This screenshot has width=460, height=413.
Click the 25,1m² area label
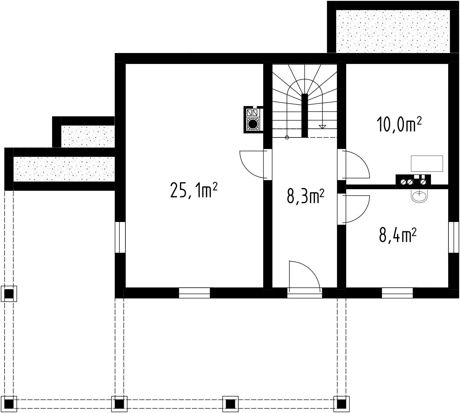point(194,190)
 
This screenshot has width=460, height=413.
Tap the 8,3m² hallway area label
point(305,196)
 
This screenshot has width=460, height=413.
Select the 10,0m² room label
point(399,124)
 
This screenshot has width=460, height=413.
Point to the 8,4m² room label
point(398,235)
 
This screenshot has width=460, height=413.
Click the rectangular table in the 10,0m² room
point(427,164)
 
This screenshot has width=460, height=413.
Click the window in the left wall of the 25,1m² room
point(120,237)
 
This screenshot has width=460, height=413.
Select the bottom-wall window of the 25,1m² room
point(194,293)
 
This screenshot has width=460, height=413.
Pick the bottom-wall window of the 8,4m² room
point(397,293)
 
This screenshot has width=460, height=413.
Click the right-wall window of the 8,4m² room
point(454,237)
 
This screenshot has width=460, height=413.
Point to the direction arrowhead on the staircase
point(322,127)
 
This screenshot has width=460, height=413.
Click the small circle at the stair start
point(287,137)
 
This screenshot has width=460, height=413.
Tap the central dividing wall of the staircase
point(305,116)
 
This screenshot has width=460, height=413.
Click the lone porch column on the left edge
point(9,294)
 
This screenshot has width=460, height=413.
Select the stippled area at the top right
point(393,31)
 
